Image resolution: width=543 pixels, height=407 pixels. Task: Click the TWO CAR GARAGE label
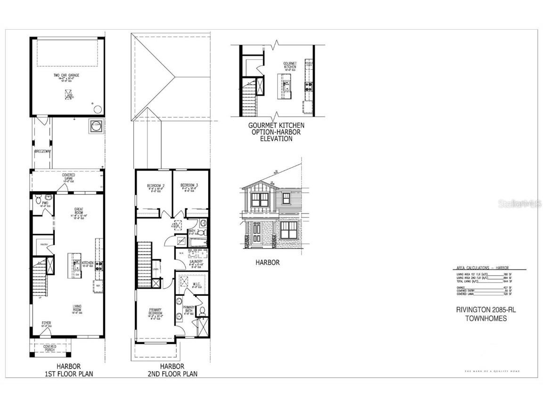pos(67,75)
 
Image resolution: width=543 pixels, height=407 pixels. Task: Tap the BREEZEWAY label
pos(42,152)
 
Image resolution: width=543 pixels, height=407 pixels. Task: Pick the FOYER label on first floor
pos(45,323)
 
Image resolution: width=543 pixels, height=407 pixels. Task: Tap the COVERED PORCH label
pos(50,348)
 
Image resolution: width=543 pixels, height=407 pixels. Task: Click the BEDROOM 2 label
pos(155,186)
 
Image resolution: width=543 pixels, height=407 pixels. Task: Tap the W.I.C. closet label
pos(197,284)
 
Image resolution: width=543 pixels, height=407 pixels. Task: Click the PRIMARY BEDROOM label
pos(155,311)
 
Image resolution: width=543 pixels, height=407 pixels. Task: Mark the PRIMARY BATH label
pos(189,309)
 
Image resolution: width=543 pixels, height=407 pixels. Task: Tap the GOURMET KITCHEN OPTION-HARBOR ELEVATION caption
pos(276,132)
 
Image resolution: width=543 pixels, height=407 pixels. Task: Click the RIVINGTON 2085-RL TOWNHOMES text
pos(482,314)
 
